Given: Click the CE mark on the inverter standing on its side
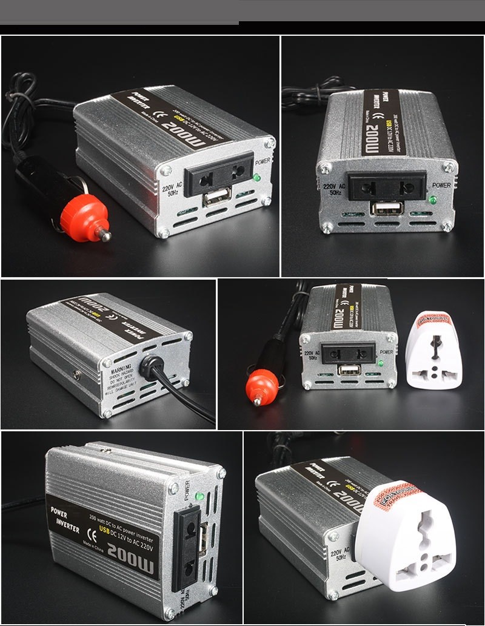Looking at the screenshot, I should click(93, 534).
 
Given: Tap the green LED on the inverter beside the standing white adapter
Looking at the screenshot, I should click(381, 363).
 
